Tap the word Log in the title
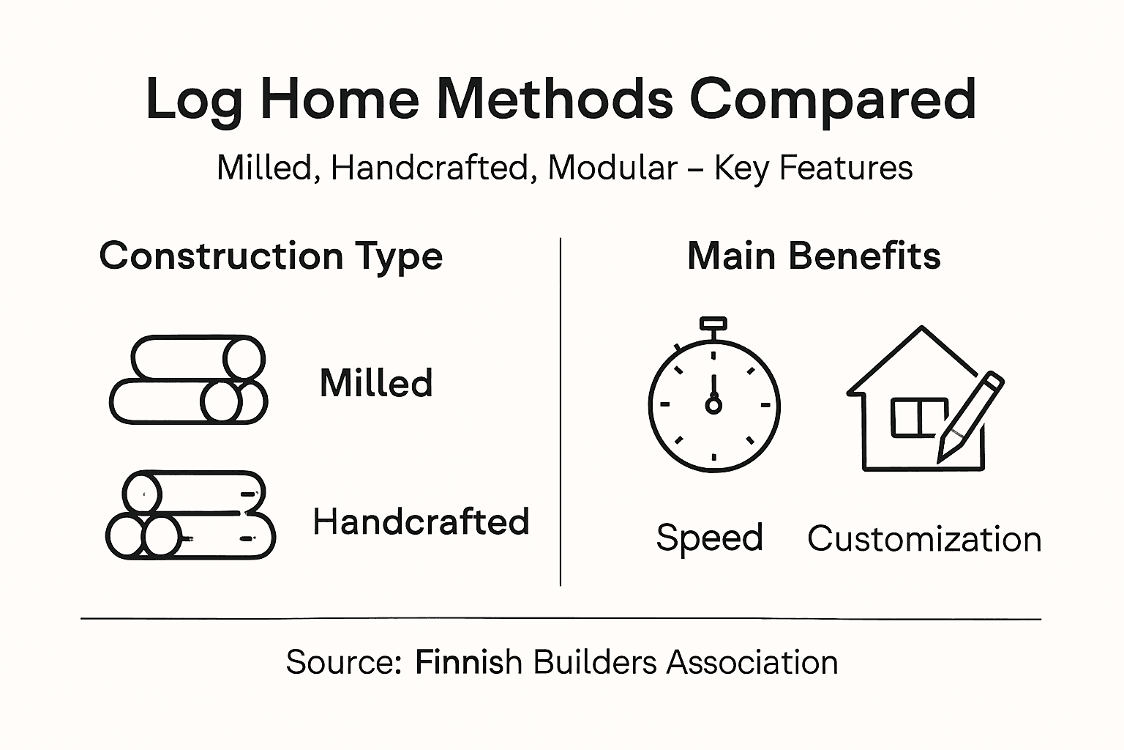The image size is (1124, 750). (194, 101)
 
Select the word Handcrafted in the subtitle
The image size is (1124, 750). (430, 168)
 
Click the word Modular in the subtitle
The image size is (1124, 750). (612, 168)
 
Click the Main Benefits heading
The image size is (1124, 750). (814, 256)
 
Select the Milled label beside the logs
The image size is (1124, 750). (376, 383)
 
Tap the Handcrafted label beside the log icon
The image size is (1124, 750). (421, 522)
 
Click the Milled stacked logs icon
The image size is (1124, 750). (188, 380)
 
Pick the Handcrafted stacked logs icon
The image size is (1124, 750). (190, 516)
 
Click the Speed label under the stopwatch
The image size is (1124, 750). (709, 538)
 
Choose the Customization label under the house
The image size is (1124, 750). (924, 539)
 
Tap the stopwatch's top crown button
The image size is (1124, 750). (713, 324)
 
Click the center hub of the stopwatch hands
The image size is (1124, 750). (713, 404)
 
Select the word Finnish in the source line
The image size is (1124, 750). (468, 662)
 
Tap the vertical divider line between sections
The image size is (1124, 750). (561, 410)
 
